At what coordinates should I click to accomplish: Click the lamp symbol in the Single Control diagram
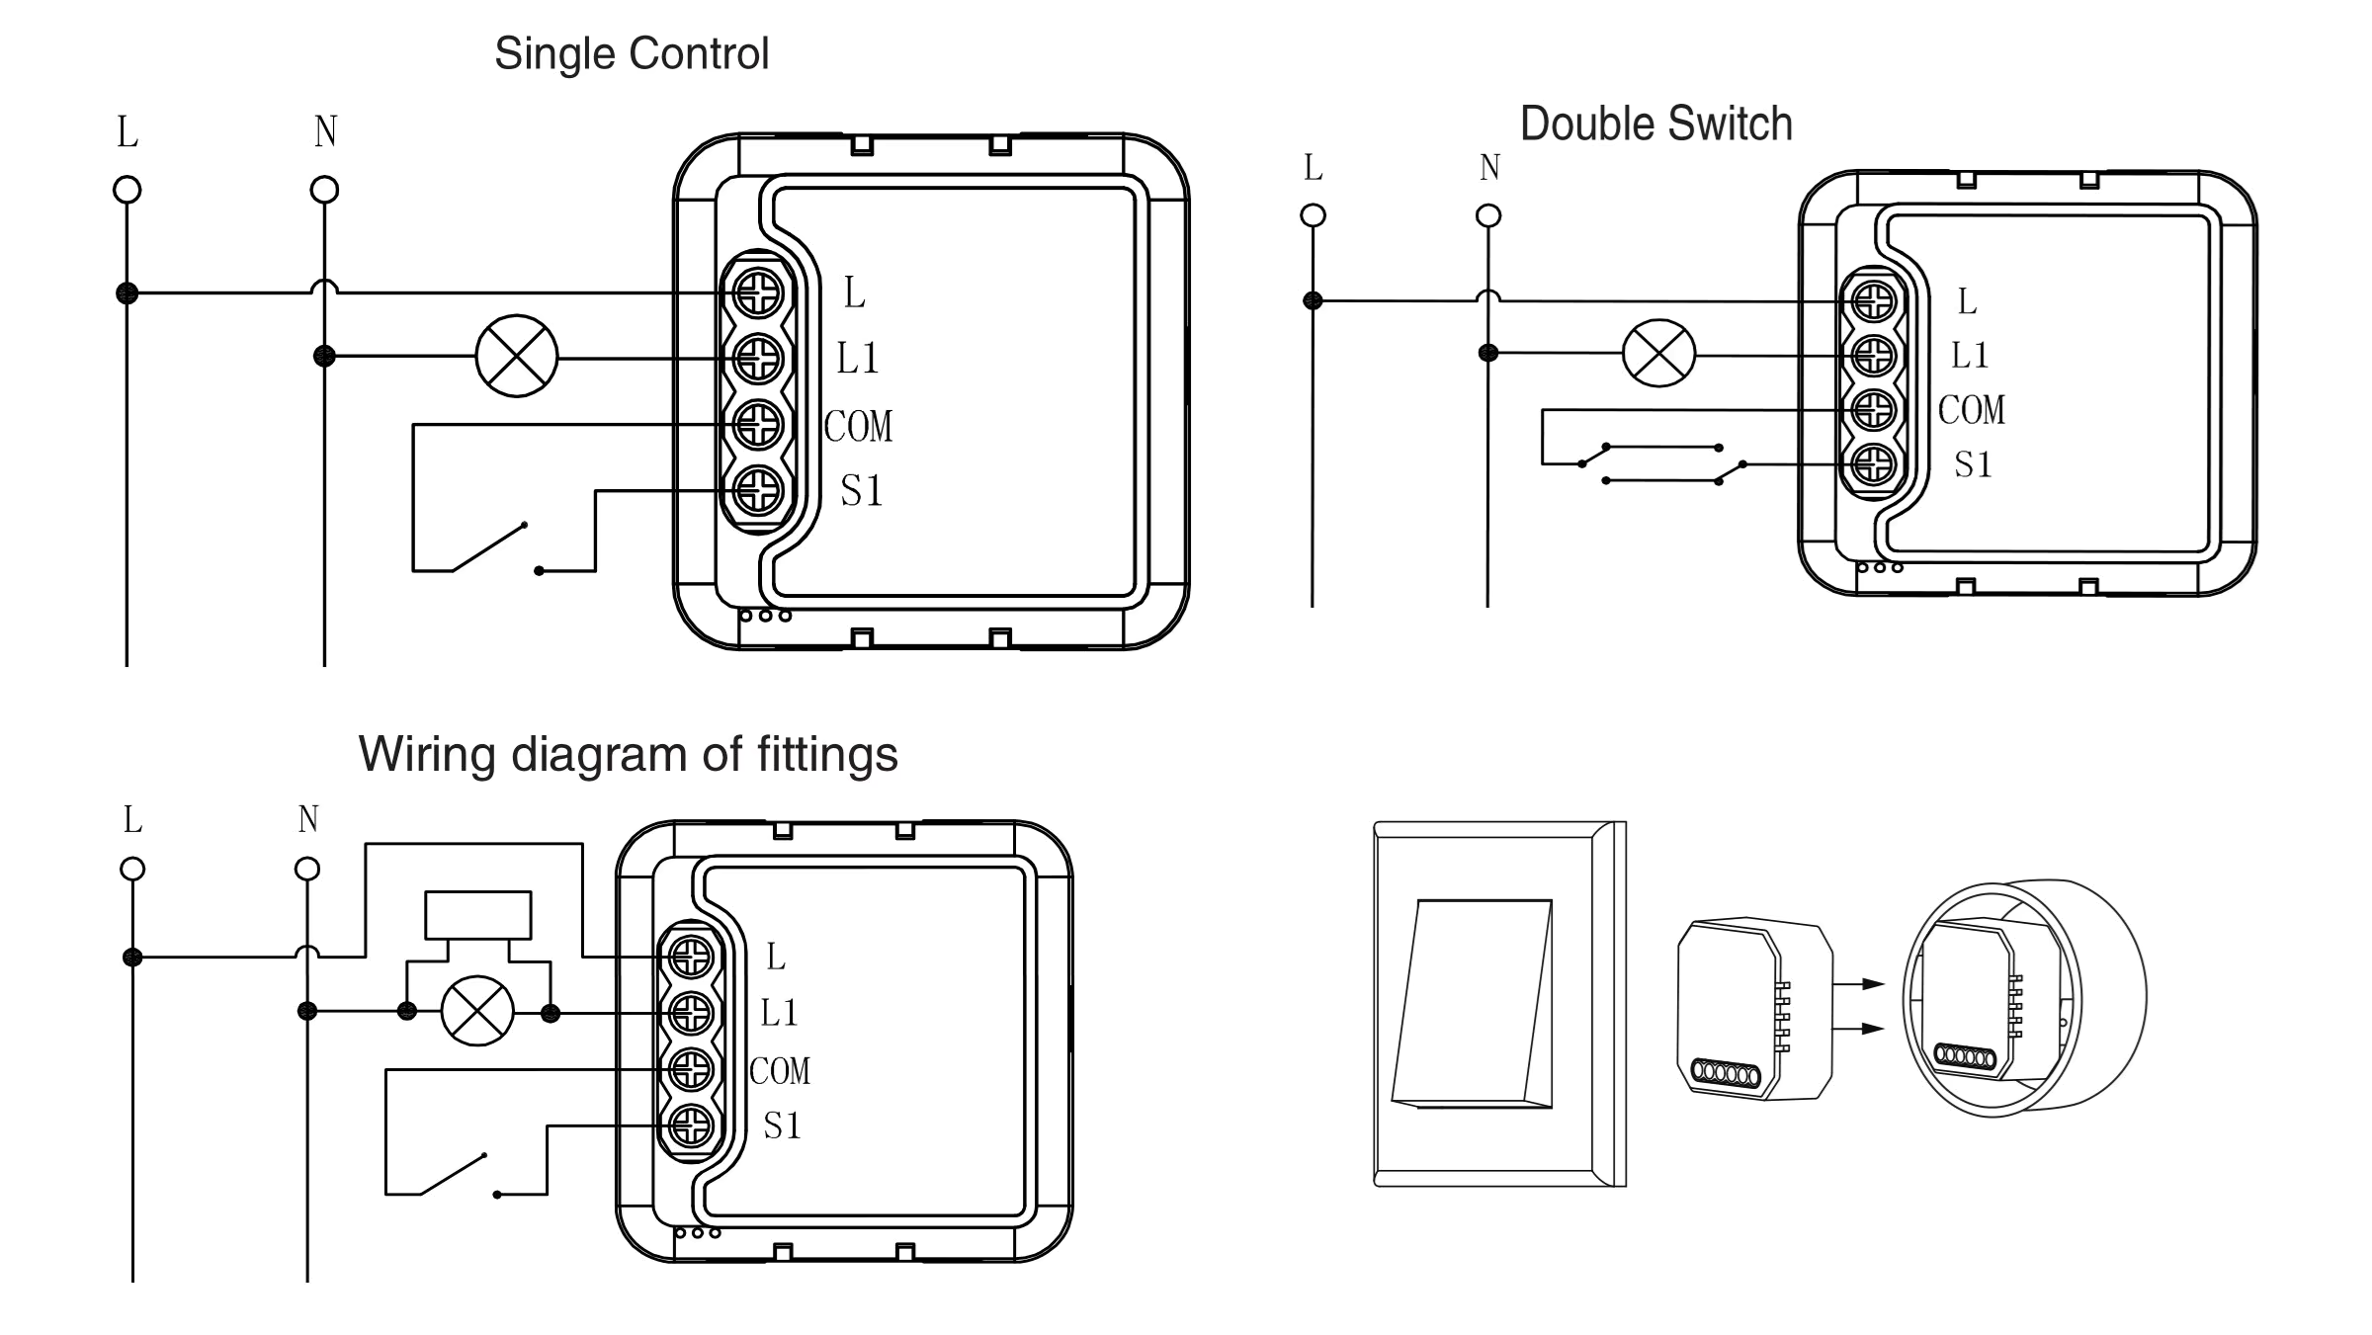click(516, 357)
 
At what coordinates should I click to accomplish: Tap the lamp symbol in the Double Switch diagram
click(1658, 354)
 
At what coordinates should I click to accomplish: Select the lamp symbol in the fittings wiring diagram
click(477, 1011)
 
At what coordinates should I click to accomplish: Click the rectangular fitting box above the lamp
click(477, 915)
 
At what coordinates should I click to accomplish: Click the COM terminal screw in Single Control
click(758, 426)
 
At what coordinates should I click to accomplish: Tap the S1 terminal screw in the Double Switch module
click(1874, 464)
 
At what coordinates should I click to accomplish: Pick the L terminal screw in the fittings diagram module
click(691, 957)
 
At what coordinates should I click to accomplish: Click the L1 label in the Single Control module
click(857, 358)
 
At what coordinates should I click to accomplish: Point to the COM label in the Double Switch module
click(1971, 410)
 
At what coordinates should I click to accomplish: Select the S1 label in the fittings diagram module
click(782, 1126)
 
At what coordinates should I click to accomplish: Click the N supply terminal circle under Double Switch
click(1487, 215)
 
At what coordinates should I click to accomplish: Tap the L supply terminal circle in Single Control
click(127, 190)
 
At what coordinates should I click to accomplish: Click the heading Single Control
click(631, 53)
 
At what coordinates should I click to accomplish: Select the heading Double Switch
click(1655, 125)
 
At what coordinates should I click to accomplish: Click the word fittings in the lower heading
click(827, 754)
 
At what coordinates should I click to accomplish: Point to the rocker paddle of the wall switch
click(1473, 1002)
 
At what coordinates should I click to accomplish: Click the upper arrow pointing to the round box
click(1859, 983)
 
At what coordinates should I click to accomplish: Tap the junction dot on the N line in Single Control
click(324, 356)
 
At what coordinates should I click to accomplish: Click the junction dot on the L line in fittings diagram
click(132, 957)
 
